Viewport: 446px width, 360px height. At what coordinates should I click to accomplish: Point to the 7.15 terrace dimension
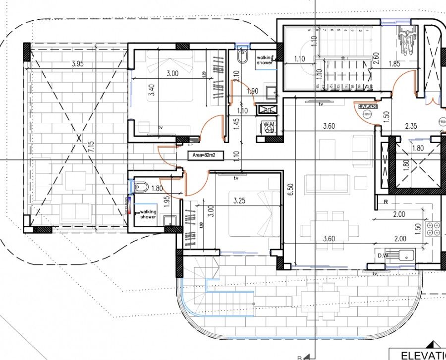[x=90, y=147]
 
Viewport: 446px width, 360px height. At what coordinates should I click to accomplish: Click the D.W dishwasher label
[x=382, y=256]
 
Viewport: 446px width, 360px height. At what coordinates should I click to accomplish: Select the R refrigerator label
[x=385, y=202]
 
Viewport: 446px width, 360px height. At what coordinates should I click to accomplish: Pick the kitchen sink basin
[x=407, y=255]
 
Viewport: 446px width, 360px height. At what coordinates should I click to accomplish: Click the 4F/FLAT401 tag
[x=367, y=105]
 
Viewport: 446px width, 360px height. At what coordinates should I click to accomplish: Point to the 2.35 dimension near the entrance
[x=411, y=126]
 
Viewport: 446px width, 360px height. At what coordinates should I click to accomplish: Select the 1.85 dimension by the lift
[x=394, y=64]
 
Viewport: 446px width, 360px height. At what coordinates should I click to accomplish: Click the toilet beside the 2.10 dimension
[x=242, y=57]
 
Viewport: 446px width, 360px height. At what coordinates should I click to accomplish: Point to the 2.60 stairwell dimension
[x=376, y=59]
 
